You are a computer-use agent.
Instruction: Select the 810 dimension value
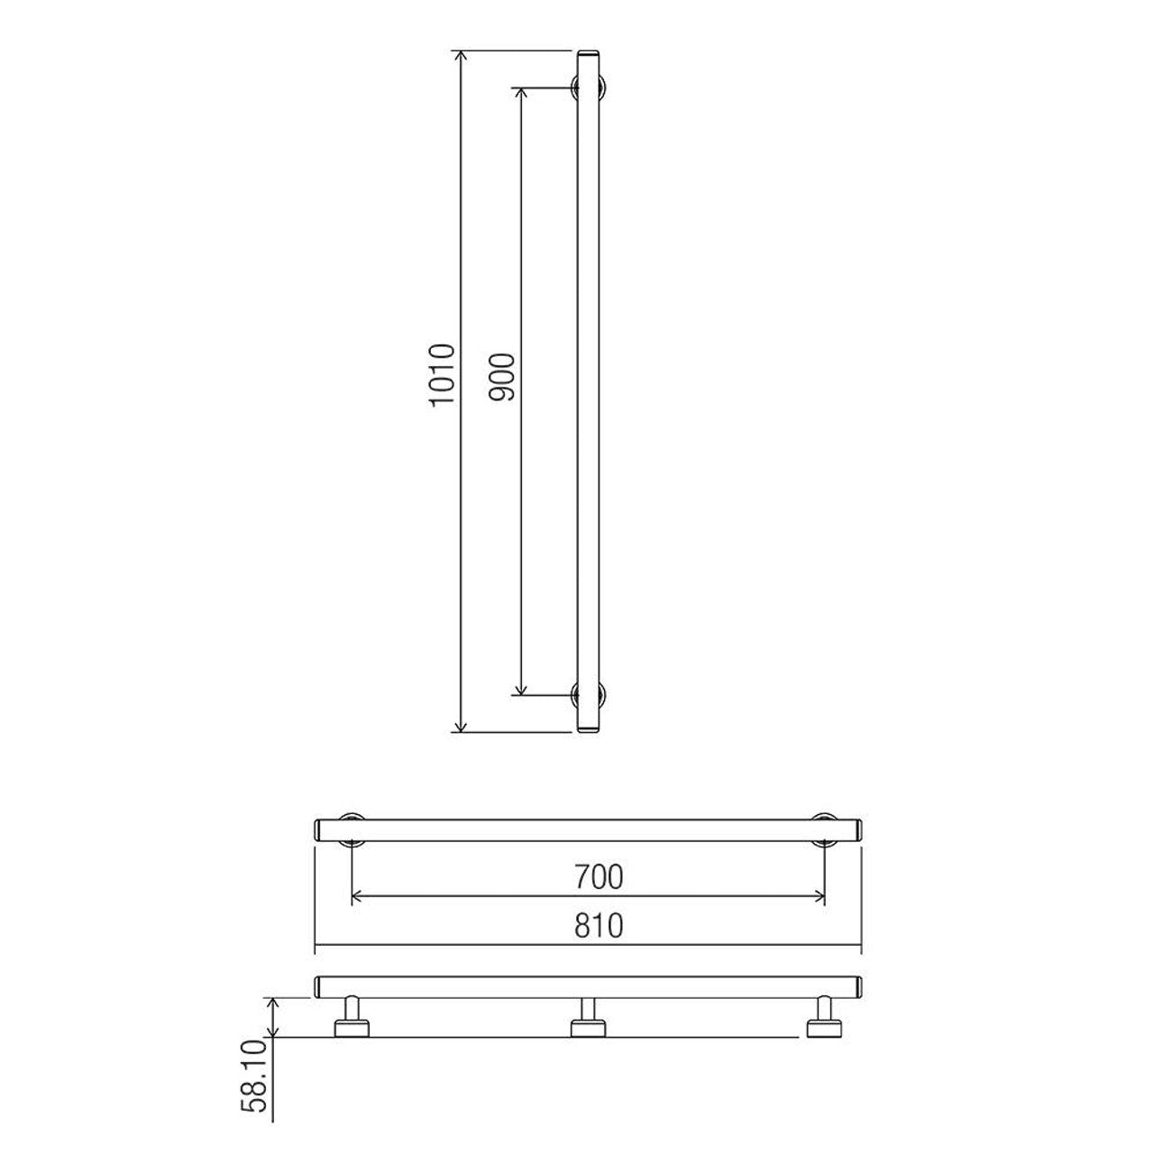click(x=599, y=926)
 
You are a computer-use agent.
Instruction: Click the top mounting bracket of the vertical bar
click(x=591, y=87)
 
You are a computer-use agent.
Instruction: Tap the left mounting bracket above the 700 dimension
click(x=351, y=829)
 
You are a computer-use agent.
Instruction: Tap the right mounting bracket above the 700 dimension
click(x=824, y=829)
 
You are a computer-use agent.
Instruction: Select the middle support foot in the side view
click(x=588, y=1019)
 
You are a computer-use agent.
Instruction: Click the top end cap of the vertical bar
click(x=590, y=57)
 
